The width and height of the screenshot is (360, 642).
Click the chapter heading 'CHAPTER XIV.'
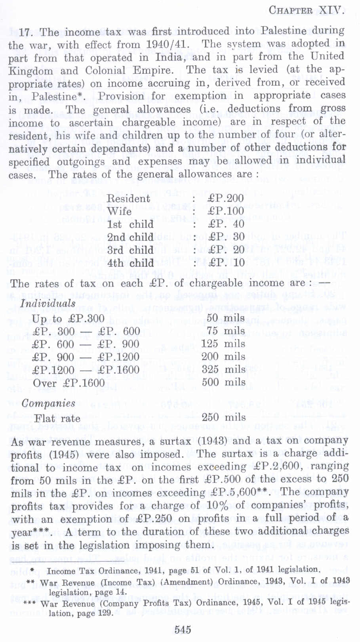(x=306, y=10)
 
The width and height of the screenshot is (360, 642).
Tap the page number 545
(x=183, y=630)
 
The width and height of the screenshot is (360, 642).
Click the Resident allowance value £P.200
(x=225, y=198)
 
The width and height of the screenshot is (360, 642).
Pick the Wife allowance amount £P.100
(x=225, y=211)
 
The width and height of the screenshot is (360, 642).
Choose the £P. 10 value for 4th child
(x=225, y=263)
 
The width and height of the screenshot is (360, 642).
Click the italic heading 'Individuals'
(x=48, y=304)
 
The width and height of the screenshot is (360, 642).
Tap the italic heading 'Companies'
(x=48, y=403)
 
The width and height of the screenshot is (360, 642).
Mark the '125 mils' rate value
(x=223, y=344)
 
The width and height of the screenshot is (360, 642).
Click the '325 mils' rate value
(x=223, y=369)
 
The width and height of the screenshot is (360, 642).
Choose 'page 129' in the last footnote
(x=78, y=613)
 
